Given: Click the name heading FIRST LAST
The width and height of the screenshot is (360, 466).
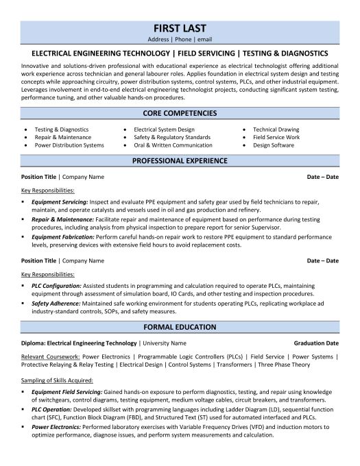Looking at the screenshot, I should [x=180, y=29].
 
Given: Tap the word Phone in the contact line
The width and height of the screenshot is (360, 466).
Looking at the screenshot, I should [x=180, y=40].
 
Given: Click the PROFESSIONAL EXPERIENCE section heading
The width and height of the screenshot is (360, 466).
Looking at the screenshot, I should [x=180, y=161].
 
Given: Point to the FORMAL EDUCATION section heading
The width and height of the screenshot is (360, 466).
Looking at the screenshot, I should [x=180, y=308].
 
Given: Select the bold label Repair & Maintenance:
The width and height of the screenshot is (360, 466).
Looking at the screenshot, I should [x=60, y=219].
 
